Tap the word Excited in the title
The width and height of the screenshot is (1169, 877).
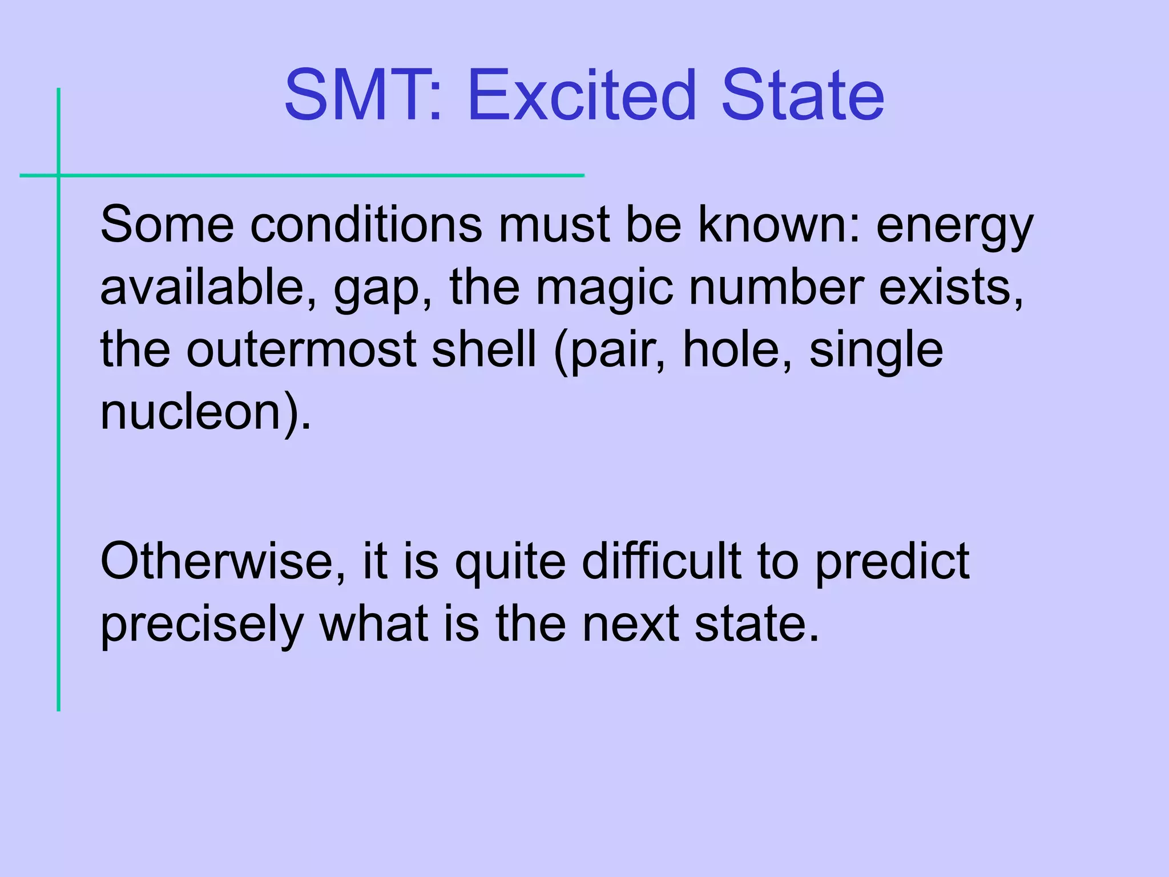582,95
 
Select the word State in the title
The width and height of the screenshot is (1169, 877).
802,95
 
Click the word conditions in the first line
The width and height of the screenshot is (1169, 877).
366,224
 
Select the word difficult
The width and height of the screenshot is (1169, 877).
662,561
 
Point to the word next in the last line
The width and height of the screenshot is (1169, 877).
631,624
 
